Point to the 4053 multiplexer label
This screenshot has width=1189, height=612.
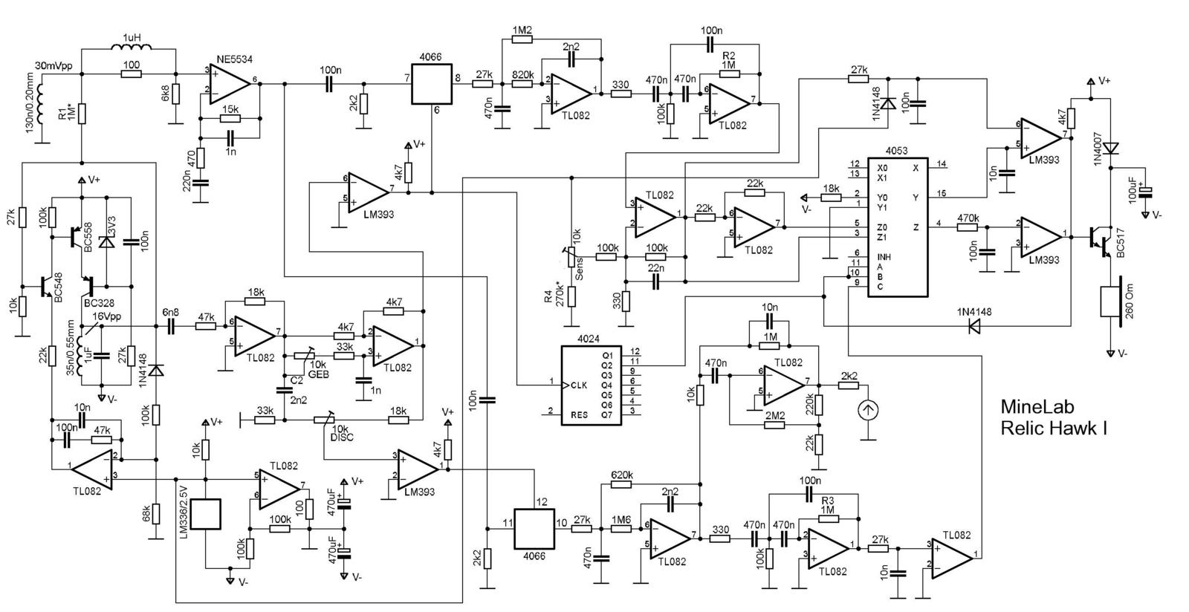pos(898,150)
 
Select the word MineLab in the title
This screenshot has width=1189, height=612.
pos(1037,406)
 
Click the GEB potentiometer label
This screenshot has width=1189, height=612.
pos(319,374)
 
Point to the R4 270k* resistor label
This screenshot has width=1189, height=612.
pos(554,295)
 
